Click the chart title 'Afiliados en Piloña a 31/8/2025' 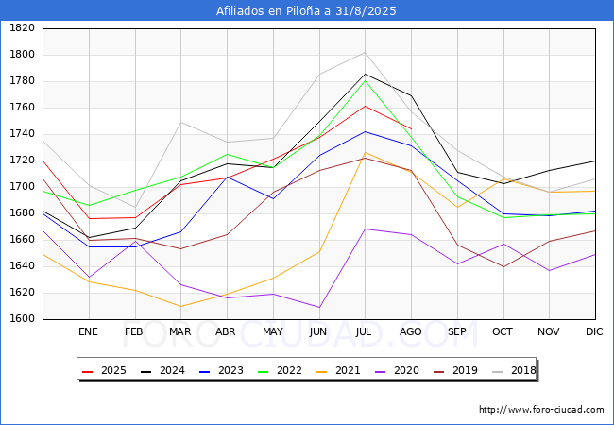click(x=306, y=10)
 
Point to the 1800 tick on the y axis click(x=22, y=54)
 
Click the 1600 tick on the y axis click(x=22, y=318)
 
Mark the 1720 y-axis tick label click(x=22, y=160)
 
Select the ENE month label click(x=88, y=331)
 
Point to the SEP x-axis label click(x=457, y=331)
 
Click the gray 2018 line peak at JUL click(x=365, y=53)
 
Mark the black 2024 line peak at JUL click(x=365, y=74)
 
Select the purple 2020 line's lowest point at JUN click(x=318, y=307)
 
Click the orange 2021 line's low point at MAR click(x=180, y=306)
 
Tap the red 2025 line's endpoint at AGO click(x=411, y=128)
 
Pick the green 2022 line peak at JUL click(x=365, y=80)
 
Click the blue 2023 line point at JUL click(x=365, y=131)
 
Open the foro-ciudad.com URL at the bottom click(x=541, y=410)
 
